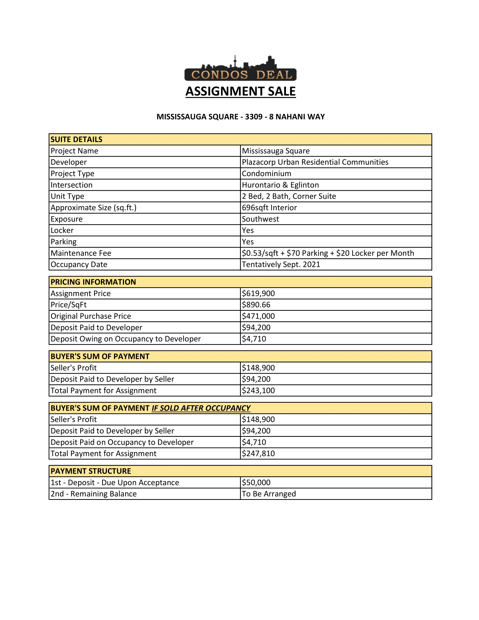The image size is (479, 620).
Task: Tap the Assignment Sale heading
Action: tap(240, 91)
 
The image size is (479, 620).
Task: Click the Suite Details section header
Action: tap(77, 139)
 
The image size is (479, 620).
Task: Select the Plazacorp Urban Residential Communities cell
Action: tap(315, 162)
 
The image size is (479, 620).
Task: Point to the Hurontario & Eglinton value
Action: tap(280, 185)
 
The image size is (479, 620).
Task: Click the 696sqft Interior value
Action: tap(269, 207)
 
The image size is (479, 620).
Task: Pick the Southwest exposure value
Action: tap(261, 219)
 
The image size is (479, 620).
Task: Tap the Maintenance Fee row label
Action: tap(81, 253)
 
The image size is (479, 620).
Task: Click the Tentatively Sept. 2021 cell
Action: tap(281, 264)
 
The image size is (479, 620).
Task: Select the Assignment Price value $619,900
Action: tap(258, 293)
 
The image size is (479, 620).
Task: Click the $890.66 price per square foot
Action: tap(256, 305)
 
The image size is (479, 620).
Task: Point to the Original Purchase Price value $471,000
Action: tap(258, 316)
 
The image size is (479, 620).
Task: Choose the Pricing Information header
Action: tap(93, 282)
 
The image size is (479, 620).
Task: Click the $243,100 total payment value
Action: tap(258, 390)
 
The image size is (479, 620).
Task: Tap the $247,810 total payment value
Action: tap(258, 453)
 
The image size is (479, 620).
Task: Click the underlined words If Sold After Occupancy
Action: tap(201, 408)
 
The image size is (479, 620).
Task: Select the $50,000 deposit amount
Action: tap(256, 482)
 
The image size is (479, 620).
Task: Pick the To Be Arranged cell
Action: tap(269, 494)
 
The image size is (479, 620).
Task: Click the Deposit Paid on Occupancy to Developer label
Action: tap(122, 442)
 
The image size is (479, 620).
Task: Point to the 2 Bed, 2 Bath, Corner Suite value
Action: tap(289, 196)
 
